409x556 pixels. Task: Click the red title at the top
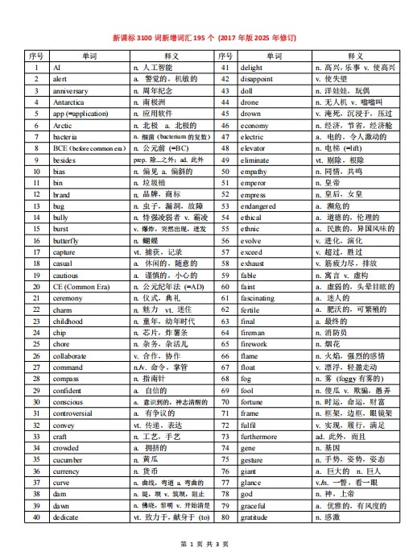pyautogui.click(x=204, y=37)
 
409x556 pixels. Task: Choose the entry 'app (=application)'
pyautogui.click(x=81, y=114)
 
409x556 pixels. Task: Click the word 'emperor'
pyautogui.click(x=255, y=183)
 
